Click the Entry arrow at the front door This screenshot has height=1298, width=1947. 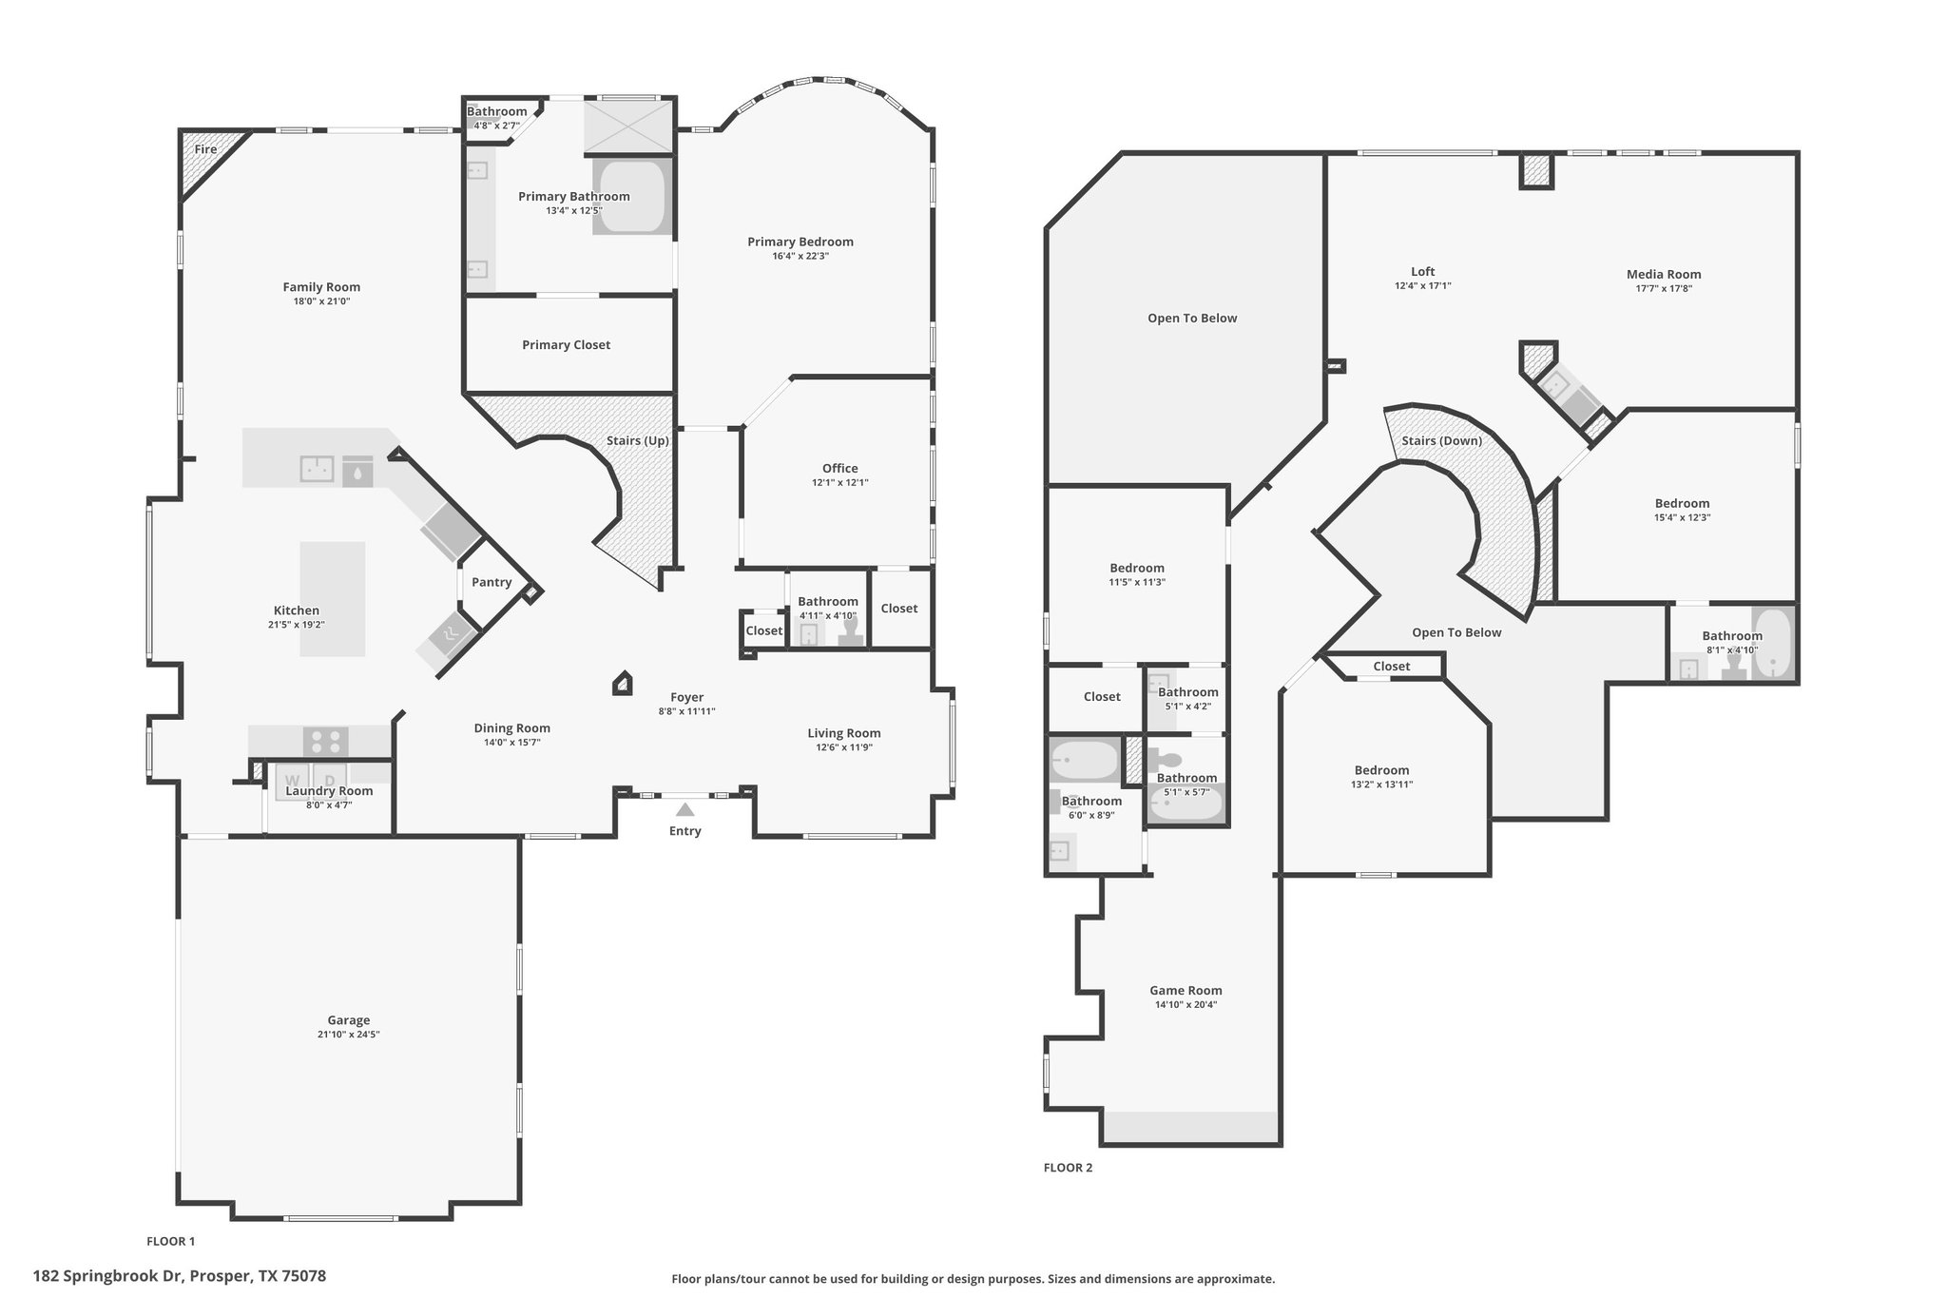[x=684, y=810]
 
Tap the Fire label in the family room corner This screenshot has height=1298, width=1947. [x=205, y=149]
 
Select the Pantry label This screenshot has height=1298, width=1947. [x=492, y=582]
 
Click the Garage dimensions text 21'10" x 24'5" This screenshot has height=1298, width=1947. [x=349, y=1035]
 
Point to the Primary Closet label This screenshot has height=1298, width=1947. [x=567, y=345]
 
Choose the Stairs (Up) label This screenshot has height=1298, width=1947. [x=638, y=441]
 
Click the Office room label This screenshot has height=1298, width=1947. [x=840, y=468]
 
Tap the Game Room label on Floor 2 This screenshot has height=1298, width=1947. [x=1186, y=990]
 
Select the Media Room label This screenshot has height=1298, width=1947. [x=1664, y=274]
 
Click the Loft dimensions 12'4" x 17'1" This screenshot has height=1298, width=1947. [x=1423, y=285]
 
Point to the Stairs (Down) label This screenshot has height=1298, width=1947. [x=1441, y=441]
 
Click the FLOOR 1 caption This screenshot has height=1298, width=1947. [x=171, y=1241]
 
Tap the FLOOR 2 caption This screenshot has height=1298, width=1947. [x=1069, y=1168]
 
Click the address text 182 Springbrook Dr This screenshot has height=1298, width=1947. [x=108, y=1276]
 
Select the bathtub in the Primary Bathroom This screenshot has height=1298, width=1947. [x=632, y=197]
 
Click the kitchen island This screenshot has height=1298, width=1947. [x=333, y=599]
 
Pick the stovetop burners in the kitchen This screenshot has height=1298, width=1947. [x=326, y=742]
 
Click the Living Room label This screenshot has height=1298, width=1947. [x=844, y=733]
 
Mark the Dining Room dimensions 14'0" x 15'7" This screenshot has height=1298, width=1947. [x=512, y=743]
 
